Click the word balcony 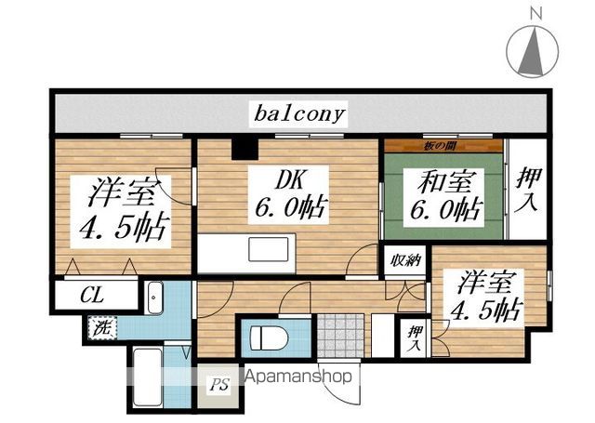(299, 114)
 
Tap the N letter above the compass (535, 13)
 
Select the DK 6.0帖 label (288, 195)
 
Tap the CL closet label (91, 297)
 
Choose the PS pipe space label (218, 383)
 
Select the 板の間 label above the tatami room (438, 144)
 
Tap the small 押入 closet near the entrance (410, 335)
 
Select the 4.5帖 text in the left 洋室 (122, 229)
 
